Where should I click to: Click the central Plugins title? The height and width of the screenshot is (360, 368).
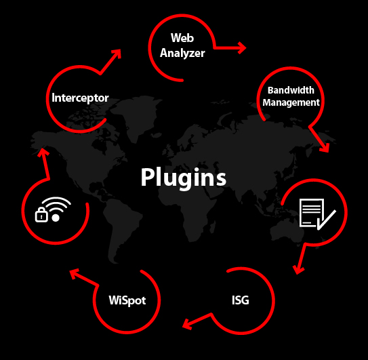click(x=184, y=178)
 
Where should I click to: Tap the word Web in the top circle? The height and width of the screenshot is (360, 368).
click(x=182, y=38)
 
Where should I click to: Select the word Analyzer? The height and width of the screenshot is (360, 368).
click(x=182, y=53)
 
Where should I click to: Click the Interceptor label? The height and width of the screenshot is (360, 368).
click(x=80, y=98)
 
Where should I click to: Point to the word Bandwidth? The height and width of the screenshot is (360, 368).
click(x=291, y=90)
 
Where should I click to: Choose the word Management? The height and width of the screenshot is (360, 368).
click(x=291, y=102)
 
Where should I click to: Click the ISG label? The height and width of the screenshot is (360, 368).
click(x=241, y=300)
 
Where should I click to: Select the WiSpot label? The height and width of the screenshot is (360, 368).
click(x=127, y=300)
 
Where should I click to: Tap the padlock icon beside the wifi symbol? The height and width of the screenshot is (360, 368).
click(x=41, y=215)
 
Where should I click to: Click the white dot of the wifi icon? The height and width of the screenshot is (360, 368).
click(x=56, y=218)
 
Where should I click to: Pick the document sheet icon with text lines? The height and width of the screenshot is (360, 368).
click(x=311, y=213)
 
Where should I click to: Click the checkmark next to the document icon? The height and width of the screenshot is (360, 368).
click(x=327, y=220)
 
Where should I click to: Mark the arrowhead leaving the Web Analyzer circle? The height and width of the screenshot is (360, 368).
click(x=243, y=48)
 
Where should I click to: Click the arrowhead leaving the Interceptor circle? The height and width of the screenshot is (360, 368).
click(x=117, y=54)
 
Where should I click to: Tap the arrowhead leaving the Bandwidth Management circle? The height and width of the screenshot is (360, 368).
click(x=325, y=148)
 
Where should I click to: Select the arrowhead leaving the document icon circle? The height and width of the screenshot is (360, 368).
click(x=298, y=270)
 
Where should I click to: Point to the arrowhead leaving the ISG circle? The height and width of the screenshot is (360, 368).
click(x=187, y=324)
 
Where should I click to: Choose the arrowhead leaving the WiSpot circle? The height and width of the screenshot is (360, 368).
click(x=75, y=274)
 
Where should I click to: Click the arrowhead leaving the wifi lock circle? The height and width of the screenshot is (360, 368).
click(x=43, y=152)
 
